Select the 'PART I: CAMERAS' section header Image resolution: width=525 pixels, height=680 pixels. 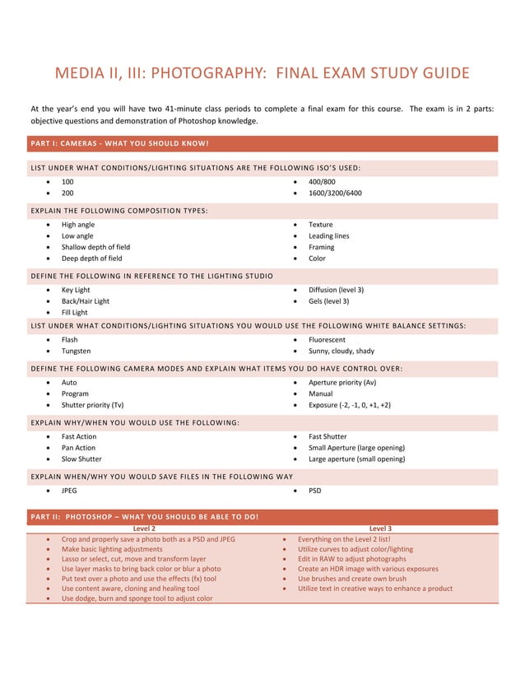119,144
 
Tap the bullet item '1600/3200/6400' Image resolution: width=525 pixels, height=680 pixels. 334,193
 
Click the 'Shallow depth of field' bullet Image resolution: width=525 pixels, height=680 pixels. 95,247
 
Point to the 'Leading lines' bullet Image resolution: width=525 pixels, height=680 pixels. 328,236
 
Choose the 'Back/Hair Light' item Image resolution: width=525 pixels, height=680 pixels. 85,301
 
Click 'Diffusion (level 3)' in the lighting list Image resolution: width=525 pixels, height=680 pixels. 336,290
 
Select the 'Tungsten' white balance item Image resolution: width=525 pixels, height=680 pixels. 77,351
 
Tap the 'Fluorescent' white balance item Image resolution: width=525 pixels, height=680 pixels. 327,339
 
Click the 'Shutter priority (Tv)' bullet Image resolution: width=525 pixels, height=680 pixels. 92,405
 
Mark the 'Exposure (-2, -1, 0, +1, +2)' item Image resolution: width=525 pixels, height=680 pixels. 349,405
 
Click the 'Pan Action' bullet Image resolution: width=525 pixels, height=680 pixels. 78,448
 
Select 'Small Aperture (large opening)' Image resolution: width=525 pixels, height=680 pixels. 356,448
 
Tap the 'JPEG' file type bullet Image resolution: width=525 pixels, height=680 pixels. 71,491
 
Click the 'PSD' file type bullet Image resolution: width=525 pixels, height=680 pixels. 316,491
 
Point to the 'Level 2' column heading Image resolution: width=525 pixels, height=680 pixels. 144,529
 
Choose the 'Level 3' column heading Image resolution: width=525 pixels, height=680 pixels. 380,529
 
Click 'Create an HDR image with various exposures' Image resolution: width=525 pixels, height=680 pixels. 368,569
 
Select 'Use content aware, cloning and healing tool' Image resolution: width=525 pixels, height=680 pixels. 130,589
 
